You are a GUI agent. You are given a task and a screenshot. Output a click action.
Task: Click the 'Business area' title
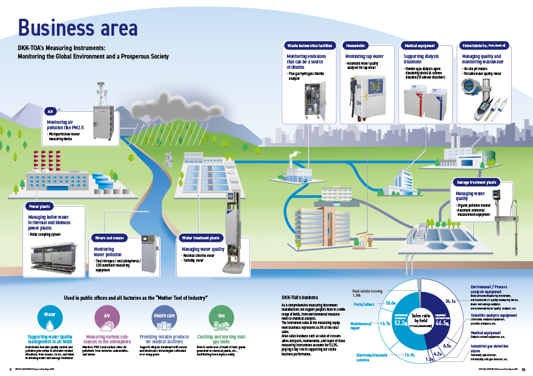pyautogui.click(x=78, y=27)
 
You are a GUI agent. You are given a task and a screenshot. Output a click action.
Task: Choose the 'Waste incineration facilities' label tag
pyautogui.click(x=309, y=45)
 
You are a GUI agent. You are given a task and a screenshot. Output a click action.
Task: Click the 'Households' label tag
pyautogui.click(x=355, y=45)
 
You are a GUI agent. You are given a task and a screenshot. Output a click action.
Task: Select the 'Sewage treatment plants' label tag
pyautogui.click(x=475, y=181)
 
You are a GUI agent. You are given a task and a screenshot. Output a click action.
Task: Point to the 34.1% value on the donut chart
pyautogui.click(x=450, y=299)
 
